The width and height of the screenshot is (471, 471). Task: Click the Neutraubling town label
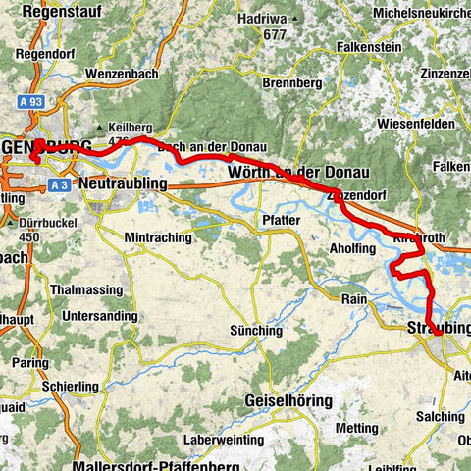[128, 183]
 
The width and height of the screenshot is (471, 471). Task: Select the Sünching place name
[253, 331]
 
